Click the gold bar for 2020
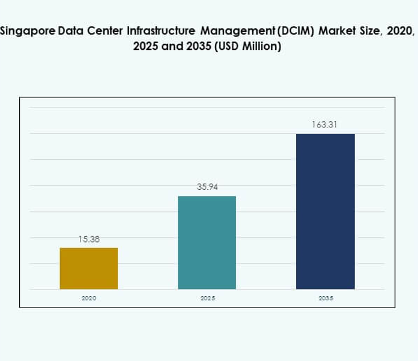[x=89, y=268]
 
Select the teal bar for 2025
[x=207, y=243]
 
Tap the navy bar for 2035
[x=326, y=211]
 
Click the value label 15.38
[x=89, y=239]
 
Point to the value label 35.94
[x=207, y=187]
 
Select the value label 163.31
[x=326, y=125]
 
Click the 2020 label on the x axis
[x=89, y=298]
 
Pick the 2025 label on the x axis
[x=207, y=298]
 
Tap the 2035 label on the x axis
[x=326, y=298]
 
